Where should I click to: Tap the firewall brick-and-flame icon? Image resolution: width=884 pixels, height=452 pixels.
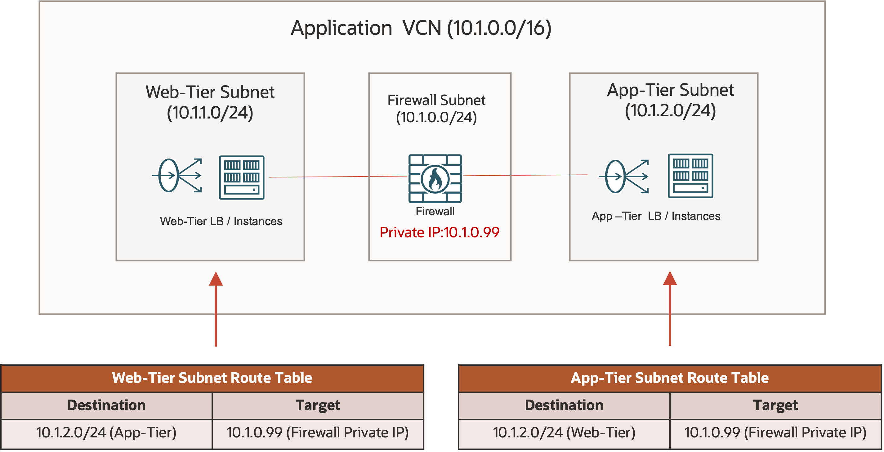pos(435,178)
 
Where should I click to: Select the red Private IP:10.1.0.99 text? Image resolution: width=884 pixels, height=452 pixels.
pos(439,233)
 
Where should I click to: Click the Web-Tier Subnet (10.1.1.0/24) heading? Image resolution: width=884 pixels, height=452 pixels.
pos(210,102)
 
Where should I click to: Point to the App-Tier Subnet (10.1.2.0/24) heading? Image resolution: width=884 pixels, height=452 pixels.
pos(670,100)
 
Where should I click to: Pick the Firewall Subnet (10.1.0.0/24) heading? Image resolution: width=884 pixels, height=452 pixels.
pos(436,109)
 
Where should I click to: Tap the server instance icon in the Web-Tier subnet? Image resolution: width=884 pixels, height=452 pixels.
pos(242,177)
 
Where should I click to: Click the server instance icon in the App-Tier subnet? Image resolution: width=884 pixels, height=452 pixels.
pos(690,176)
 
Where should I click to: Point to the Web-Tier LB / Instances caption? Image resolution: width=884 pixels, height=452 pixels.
pos(221,222)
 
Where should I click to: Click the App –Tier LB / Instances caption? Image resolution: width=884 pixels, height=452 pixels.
pos(656,216)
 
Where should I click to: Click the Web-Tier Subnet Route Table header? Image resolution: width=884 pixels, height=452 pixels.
pos(212,378)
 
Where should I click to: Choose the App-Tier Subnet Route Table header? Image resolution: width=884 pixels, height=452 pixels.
pos(670,378)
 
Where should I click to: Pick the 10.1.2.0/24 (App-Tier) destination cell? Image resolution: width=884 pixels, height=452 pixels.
pos(106,433)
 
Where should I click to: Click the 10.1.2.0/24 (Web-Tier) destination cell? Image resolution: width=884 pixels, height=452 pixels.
pos(564,433)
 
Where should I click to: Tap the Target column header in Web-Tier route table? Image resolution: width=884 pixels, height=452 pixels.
pos(317,405)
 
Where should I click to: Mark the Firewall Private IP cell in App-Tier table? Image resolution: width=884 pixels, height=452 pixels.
pos(775,433)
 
